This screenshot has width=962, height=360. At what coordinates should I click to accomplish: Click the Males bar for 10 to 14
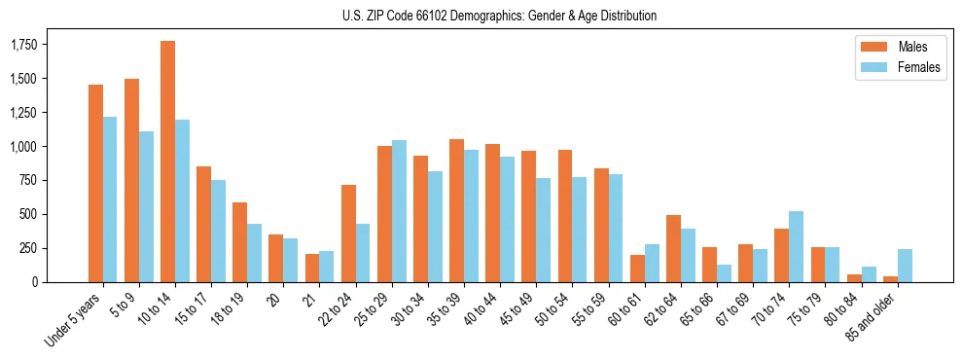click(167, 162)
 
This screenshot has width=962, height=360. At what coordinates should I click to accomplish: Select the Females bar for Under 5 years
click(110, 199)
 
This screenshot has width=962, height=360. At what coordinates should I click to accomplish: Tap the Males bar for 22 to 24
click(348, 234)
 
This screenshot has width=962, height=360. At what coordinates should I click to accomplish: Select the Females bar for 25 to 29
click(399, 211)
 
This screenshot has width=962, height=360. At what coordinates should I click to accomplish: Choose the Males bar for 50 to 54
click(565, 216)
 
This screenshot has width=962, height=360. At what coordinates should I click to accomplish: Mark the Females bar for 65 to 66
click(725, 273)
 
